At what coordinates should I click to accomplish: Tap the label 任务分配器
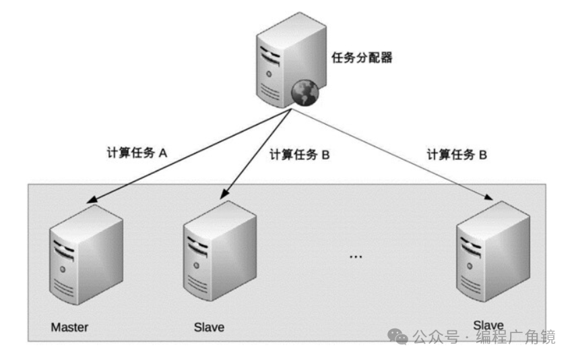click(x=362, y=58)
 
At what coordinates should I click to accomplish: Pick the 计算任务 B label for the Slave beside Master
click(x=299, y=154)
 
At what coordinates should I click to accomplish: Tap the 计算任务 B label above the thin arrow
click(x=457, y=154)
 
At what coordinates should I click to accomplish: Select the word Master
click(x=69, y=328)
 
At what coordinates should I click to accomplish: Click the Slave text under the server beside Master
click(x=209, y=328)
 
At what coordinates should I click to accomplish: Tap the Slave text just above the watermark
click(x=488, y=324)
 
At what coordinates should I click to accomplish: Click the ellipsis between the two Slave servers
click(x=356, y=257)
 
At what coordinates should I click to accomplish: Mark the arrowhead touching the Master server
click(x=94, y=200)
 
